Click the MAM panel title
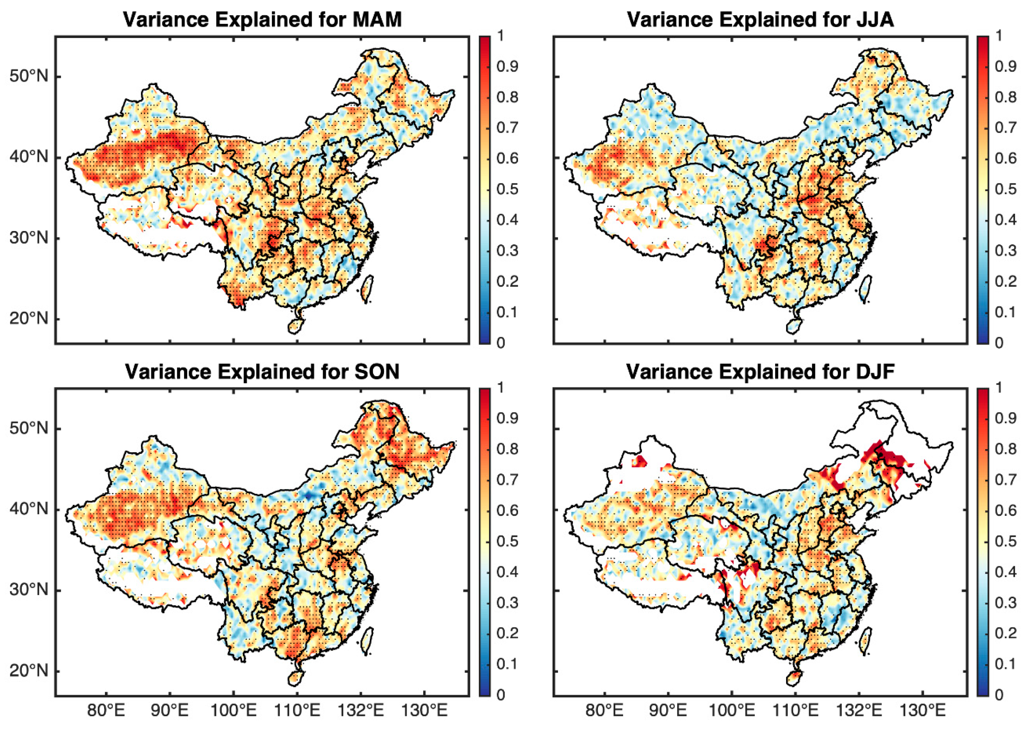(x=262, y=20)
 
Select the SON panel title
(x=262, y=372)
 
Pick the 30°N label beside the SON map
(x=29, y=590)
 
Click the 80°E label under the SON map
(x=106, y=711)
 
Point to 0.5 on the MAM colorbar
(x=507, y=189)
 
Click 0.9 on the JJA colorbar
(x=1006, y=66)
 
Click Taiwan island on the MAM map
(x=368, y=288)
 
